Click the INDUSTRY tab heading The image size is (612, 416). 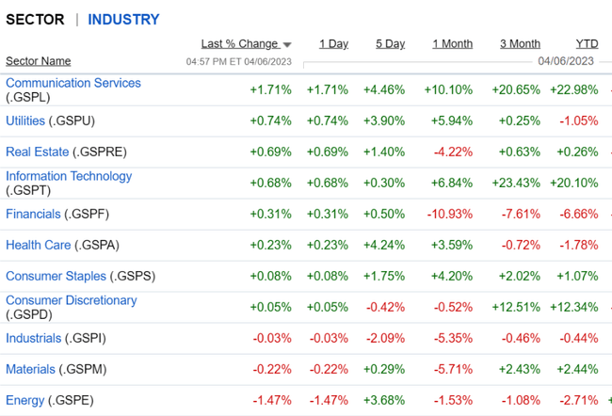click(x=123, y=19)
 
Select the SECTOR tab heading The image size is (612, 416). click(x=35, y=19)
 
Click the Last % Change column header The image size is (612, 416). click(x=239, y=43)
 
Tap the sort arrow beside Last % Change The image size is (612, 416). click(x=287, y=44)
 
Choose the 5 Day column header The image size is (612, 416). click(x=390, y=43)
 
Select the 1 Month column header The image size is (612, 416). click(x=452, y=43)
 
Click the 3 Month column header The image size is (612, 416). click(x=520, y=43)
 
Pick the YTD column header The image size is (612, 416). click(x=587, y=43)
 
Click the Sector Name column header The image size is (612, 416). click(x=38, y=61)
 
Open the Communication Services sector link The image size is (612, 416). click(x=72, y=83)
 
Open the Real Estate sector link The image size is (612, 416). click(x=37, y=152)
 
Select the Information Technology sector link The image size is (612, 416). click(x=69, y=176)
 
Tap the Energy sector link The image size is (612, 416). click(x=24, y=400)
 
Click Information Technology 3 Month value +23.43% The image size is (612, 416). click(x=516, y=183)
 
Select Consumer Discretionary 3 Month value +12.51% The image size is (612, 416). click(x=516, y=307)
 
